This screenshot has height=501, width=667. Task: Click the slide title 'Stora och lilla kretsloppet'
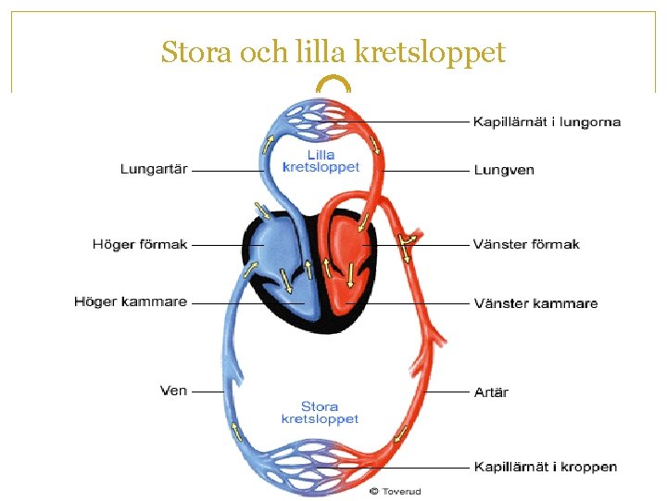click(x=333, y=52)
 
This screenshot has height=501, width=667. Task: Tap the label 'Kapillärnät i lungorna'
click(x=547, y=122)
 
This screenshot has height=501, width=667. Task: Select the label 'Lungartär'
click(x=154, y=169)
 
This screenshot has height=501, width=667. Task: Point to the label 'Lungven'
click(x=504, y=171)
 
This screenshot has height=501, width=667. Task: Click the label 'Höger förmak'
click(x=140, y=245)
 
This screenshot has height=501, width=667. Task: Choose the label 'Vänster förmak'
click(x=526, y=245)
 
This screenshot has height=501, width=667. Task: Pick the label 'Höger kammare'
click(x=131, y=302)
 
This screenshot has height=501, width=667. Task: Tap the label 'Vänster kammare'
click(x=535, y=303)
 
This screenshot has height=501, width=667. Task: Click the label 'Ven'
click(x=174, y=392)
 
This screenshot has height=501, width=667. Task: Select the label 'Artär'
click(x=491, y=392)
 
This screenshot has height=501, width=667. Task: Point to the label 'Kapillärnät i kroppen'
click(x=546, y=468)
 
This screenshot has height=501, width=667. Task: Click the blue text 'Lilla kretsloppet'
click(x=321, y=161)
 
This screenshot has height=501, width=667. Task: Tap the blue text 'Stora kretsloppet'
click(x=320, y=413)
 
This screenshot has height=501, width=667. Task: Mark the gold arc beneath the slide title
click(x=333, y=83)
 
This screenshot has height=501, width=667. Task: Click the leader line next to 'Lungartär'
click(x=227, y=171)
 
